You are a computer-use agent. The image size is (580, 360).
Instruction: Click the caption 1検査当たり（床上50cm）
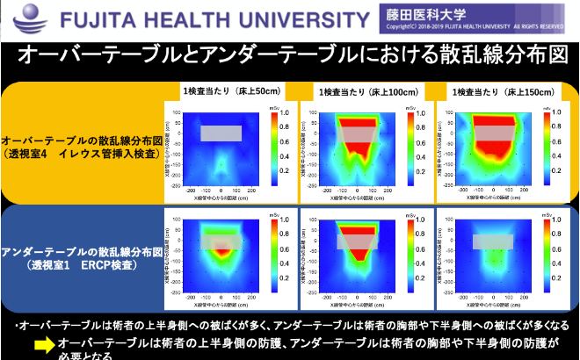click(x=231, y=91)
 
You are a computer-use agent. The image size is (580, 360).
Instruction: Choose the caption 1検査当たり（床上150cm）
click(x=502, y=92)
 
